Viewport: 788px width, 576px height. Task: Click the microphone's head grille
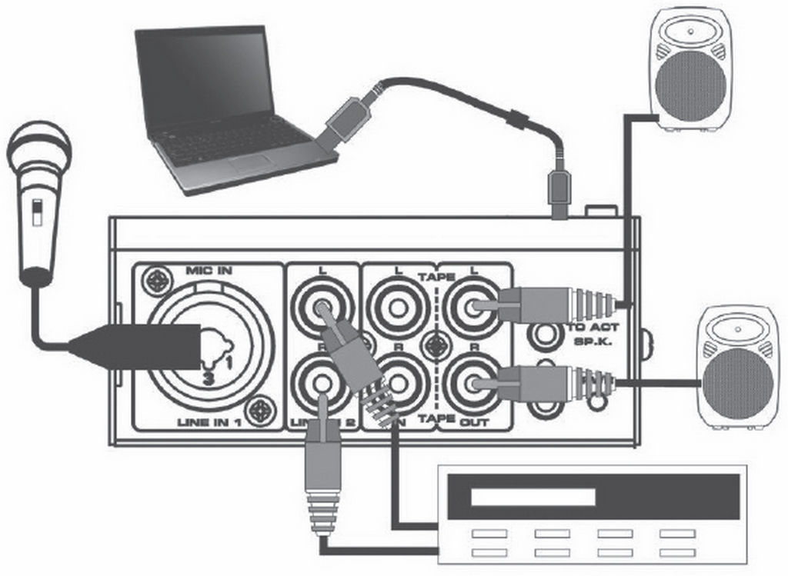point(38,151)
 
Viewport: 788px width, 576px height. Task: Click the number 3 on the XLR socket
point(208,378)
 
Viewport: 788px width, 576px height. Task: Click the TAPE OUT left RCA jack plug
point(531,305)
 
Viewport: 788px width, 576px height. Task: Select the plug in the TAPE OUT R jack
point(531,379)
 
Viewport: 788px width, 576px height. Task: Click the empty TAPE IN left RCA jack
point(397,307)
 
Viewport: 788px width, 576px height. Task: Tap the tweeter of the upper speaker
point(689,33)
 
